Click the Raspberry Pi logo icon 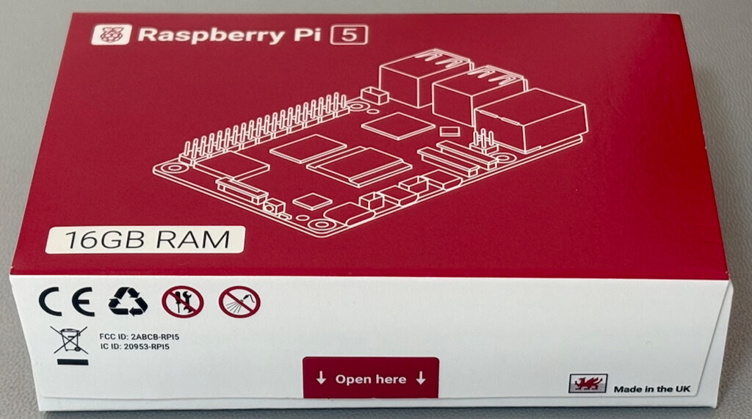tap(112, 34)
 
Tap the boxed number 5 tap(349, 34)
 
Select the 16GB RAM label tap(144, 240)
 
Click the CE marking tap(66, 301)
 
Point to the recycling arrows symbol tap(128, 301)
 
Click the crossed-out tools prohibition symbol tap(182, 301)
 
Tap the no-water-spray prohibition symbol tap(239, 301)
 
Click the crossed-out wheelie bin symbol tap(70, 340)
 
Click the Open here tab tap(371, 379)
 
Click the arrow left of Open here tap(321, 379)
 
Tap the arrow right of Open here tap(421, 379)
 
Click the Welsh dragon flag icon tap(587, 384)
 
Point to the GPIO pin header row tap(264, 125)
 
